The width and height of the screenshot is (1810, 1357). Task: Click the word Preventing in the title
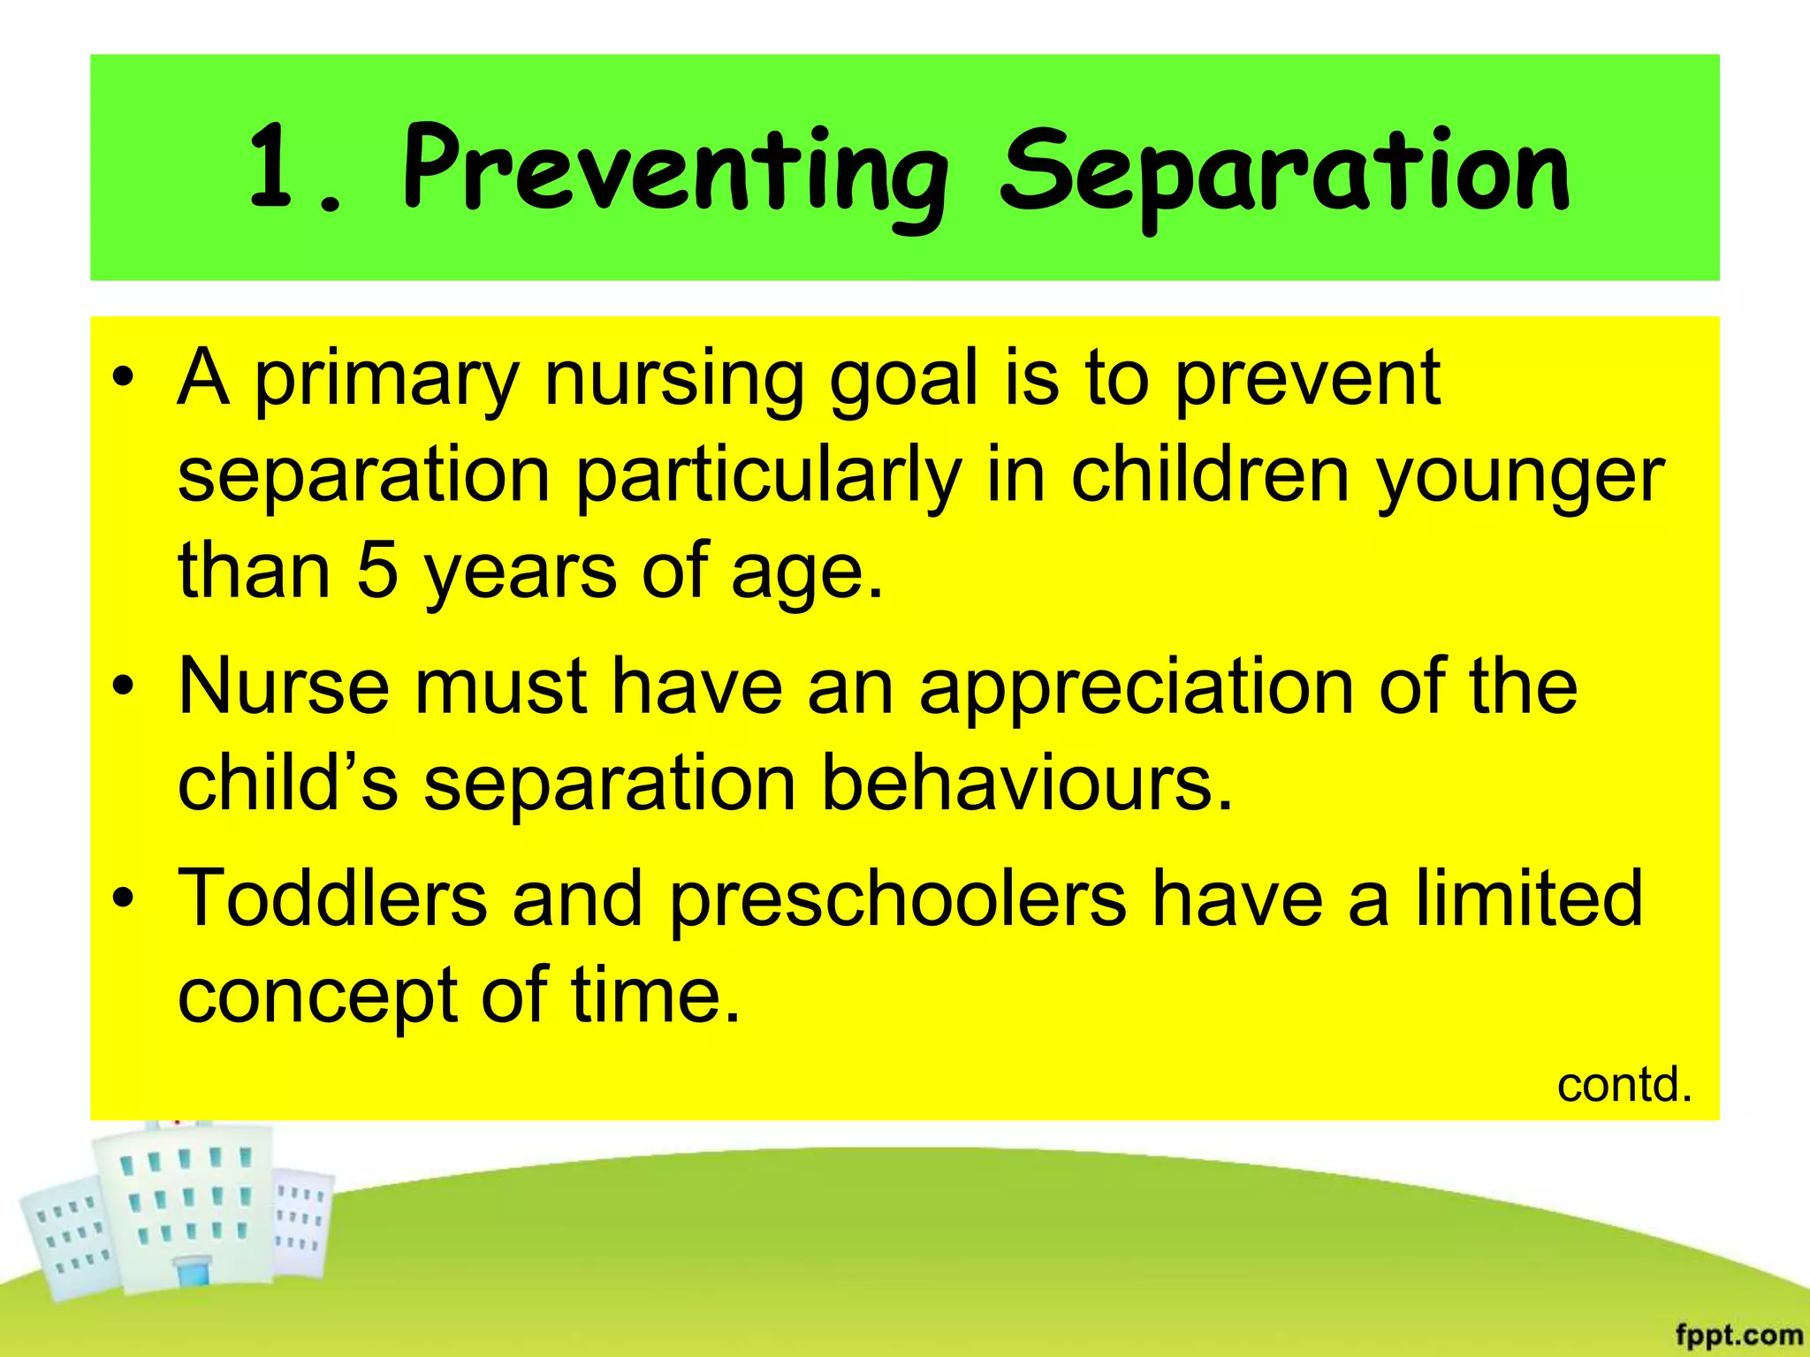point(676,172)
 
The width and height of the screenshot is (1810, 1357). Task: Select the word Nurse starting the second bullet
point(283,687)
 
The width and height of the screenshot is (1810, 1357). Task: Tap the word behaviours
point(1025,785)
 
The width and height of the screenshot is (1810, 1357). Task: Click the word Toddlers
point(331,899)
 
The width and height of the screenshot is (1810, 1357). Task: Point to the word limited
point(1529,899)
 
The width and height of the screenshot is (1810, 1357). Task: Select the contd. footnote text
point(1624,1085)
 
